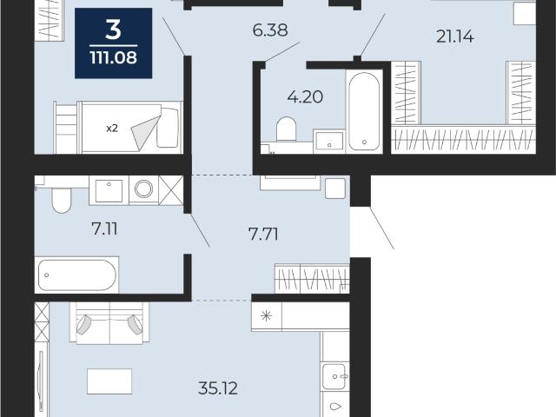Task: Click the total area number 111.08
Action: coord(114,57)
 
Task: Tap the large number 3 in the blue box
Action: coord(114,30)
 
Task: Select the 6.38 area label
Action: coord(270,30)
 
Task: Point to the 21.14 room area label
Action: coord(454,36)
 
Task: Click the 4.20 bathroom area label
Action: coord(305,96)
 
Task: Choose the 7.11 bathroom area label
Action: coord(104,229)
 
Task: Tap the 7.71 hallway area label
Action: coord(263,234)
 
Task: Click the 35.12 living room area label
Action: coord(218,388)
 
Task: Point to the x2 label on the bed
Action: coord(112,129)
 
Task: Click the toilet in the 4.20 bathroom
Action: coord(286,129)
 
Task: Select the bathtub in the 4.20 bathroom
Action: coord(364,112)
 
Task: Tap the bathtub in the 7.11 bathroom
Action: coord(76,275)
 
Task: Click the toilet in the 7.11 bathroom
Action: coord(62,201)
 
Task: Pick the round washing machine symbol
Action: coord(143,189)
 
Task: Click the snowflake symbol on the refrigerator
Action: coord(266,315)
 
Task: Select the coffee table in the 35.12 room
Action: coord(109,381)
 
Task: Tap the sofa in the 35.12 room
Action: coord(109,323)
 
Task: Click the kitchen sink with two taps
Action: coord(334,376)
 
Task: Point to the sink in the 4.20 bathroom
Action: coord(329,141)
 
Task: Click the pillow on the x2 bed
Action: coord(168,128)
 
